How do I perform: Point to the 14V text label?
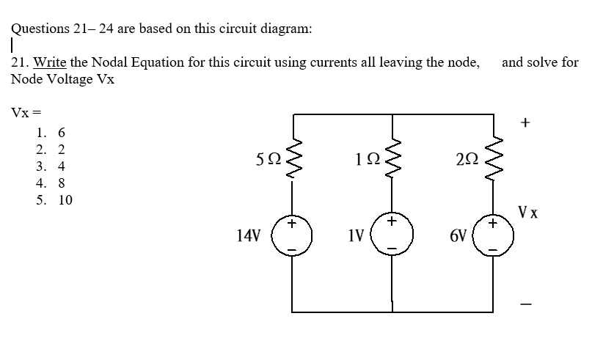point(249,236)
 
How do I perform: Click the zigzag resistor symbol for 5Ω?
point(295,155)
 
